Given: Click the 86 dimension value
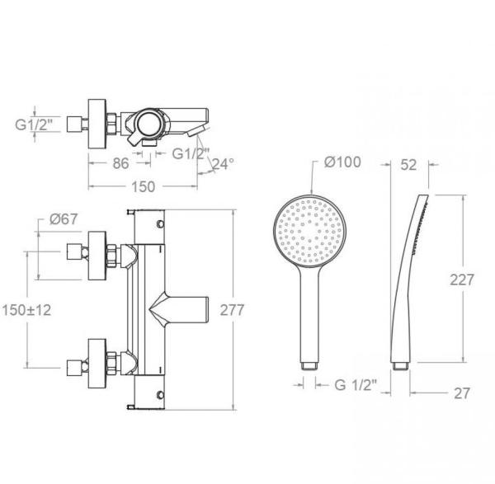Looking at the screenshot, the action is click(121, 163).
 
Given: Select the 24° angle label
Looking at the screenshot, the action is click(224, 164).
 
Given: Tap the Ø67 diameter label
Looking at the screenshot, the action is click(64, 219).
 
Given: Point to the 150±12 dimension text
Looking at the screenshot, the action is click(26, 310).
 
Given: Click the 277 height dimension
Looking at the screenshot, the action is click(232, 310).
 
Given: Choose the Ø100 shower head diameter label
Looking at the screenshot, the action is click(342, 162).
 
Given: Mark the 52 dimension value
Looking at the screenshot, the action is click(408, 165).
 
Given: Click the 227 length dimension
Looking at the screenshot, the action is click(462, 280).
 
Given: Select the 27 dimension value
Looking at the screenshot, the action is click(462, 393).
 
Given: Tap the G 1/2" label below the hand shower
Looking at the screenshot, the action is click(356, 384).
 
